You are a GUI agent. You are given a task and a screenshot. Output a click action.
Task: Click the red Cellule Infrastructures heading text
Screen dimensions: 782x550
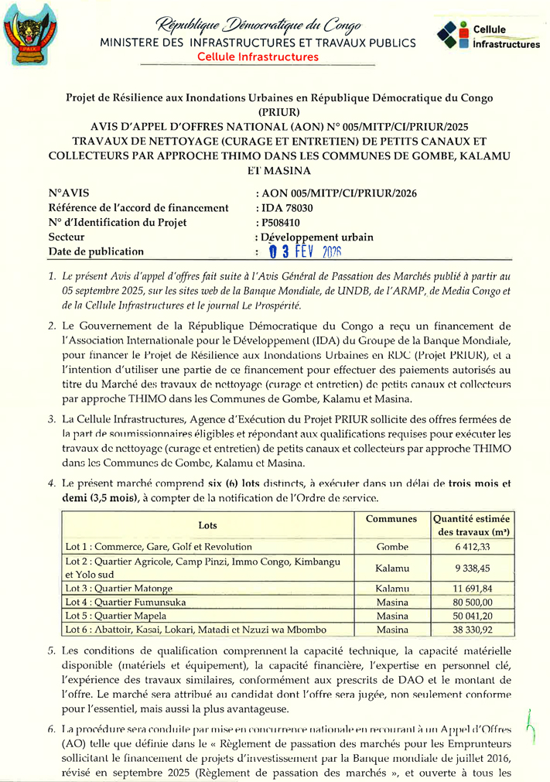pyautogui.click(x=258, y=57)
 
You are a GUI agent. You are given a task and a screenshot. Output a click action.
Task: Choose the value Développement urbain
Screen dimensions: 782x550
pyautogui.click(x=318, y=237)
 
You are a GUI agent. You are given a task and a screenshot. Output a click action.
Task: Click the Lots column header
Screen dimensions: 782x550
pyautogui.click(x=207, y=525)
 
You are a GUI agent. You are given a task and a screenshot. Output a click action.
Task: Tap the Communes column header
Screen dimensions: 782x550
pyautogui.click(x=391, y=519)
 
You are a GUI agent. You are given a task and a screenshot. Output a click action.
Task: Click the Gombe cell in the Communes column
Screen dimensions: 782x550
pyautogui.click(x=391, y=547)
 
